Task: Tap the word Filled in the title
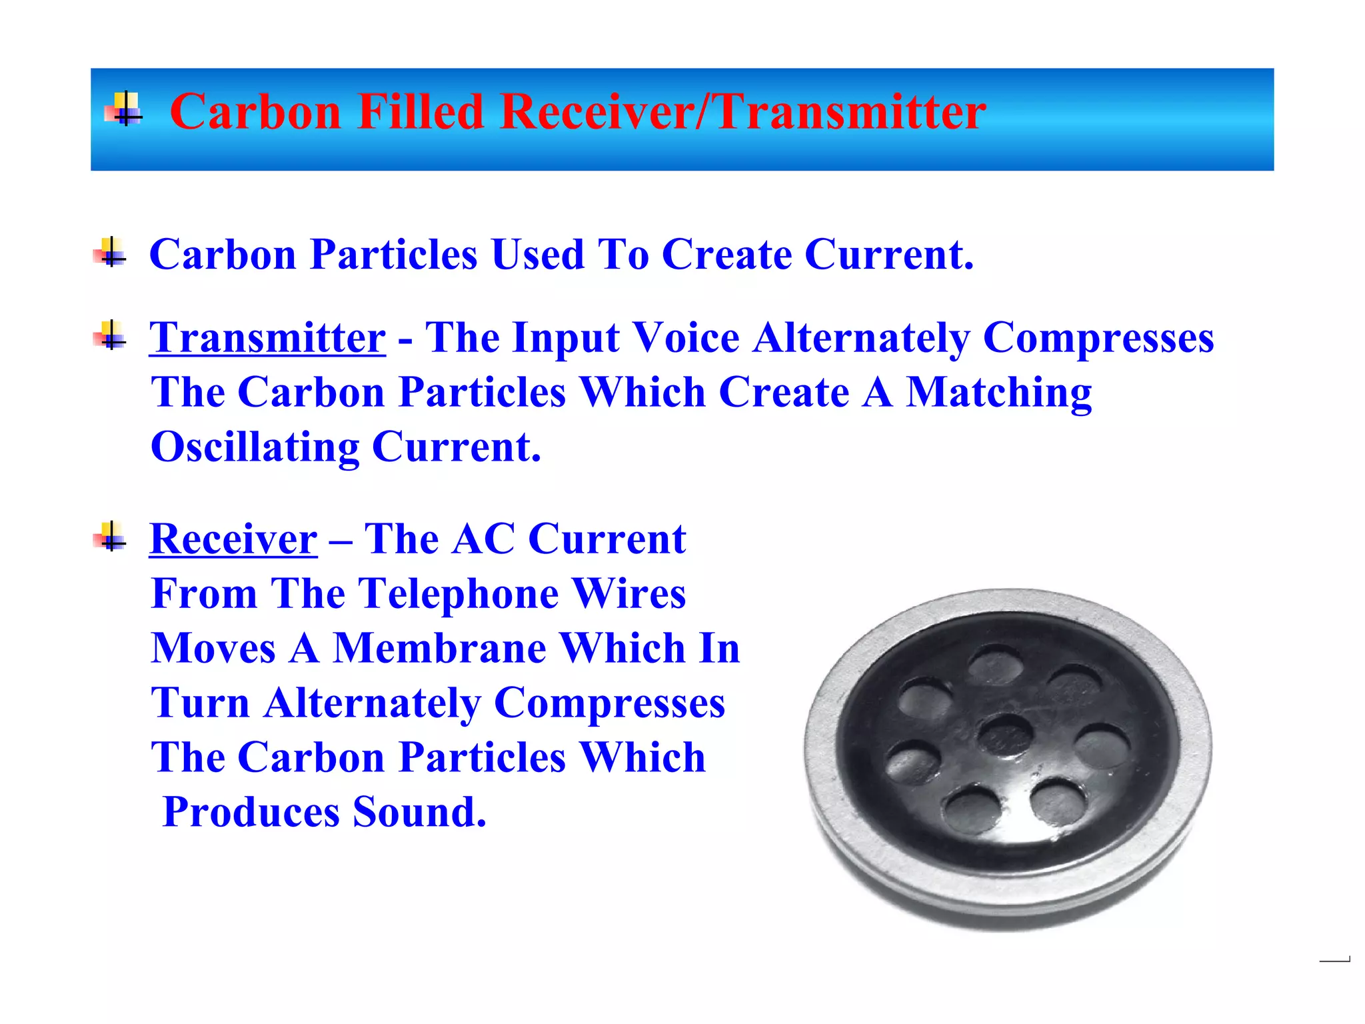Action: click(x=420, y=112)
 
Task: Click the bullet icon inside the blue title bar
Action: click(x=124, y=109)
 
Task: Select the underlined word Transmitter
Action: click(x=267, y=337)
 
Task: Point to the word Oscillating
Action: click(x=255, y=447)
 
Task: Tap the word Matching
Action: click(x=998, y=393)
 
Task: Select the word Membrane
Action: click(x=440, y=648)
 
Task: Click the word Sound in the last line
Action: click(x=419, y=812)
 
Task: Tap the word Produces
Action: click(x=251, y=812)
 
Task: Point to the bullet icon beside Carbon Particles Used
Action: click(x=110, y=253)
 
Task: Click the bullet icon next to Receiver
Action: click(x=110, y=537)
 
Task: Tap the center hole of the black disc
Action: click(x=1005, y=735)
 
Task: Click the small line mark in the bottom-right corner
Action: click(x=1334, y=961)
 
